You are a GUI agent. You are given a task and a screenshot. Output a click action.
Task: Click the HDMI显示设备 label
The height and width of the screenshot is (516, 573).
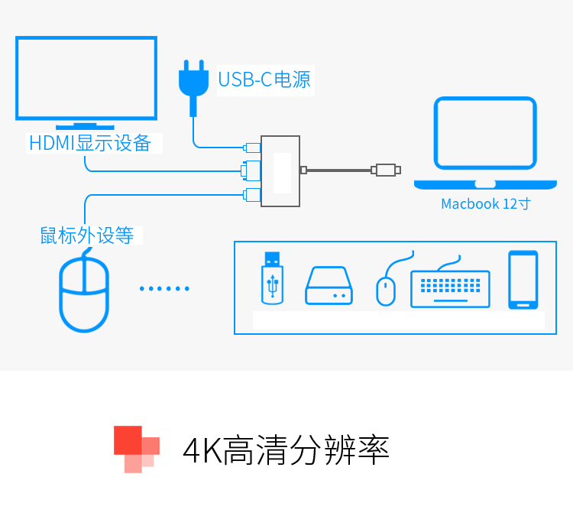90,143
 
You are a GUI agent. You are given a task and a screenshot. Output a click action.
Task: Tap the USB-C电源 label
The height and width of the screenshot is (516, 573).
264,80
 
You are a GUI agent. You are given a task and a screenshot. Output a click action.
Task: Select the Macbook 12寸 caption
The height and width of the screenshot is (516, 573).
485,204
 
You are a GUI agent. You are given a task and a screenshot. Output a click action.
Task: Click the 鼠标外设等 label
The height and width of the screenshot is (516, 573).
87,235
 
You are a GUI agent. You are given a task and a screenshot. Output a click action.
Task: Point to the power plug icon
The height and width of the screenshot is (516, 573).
193,83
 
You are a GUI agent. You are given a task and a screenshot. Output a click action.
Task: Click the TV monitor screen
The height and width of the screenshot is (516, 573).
86,78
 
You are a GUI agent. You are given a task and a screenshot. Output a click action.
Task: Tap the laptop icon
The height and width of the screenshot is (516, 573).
485,142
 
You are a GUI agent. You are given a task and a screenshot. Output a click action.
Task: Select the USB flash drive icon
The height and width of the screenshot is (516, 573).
273,278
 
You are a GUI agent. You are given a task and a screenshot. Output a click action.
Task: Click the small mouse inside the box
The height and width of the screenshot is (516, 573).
386,290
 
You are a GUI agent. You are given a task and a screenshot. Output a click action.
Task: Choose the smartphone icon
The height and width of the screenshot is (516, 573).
523,280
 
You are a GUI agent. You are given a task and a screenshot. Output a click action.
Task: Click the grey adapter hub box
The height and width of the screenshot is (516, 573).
280,171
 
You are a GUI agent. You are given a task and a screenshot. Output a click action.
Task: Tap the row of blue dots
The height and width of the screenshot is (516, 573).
164,289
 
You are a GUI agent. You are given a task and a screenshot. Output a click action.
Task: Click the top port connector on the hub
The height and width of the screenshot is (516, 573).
251,147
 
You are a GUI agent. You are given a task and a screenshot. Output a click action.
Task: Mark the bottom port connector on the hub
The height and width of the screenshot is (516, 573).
251,194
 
